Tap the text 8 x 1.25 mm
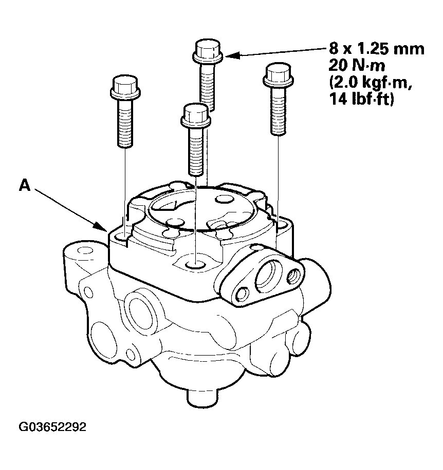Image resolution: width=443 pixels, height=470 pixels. click(377, 49)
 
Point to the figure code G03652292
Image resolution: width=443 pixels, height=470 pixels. click(52, 427)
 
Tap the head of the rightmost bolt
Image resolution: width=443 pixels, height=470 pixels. click(278, 75)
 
